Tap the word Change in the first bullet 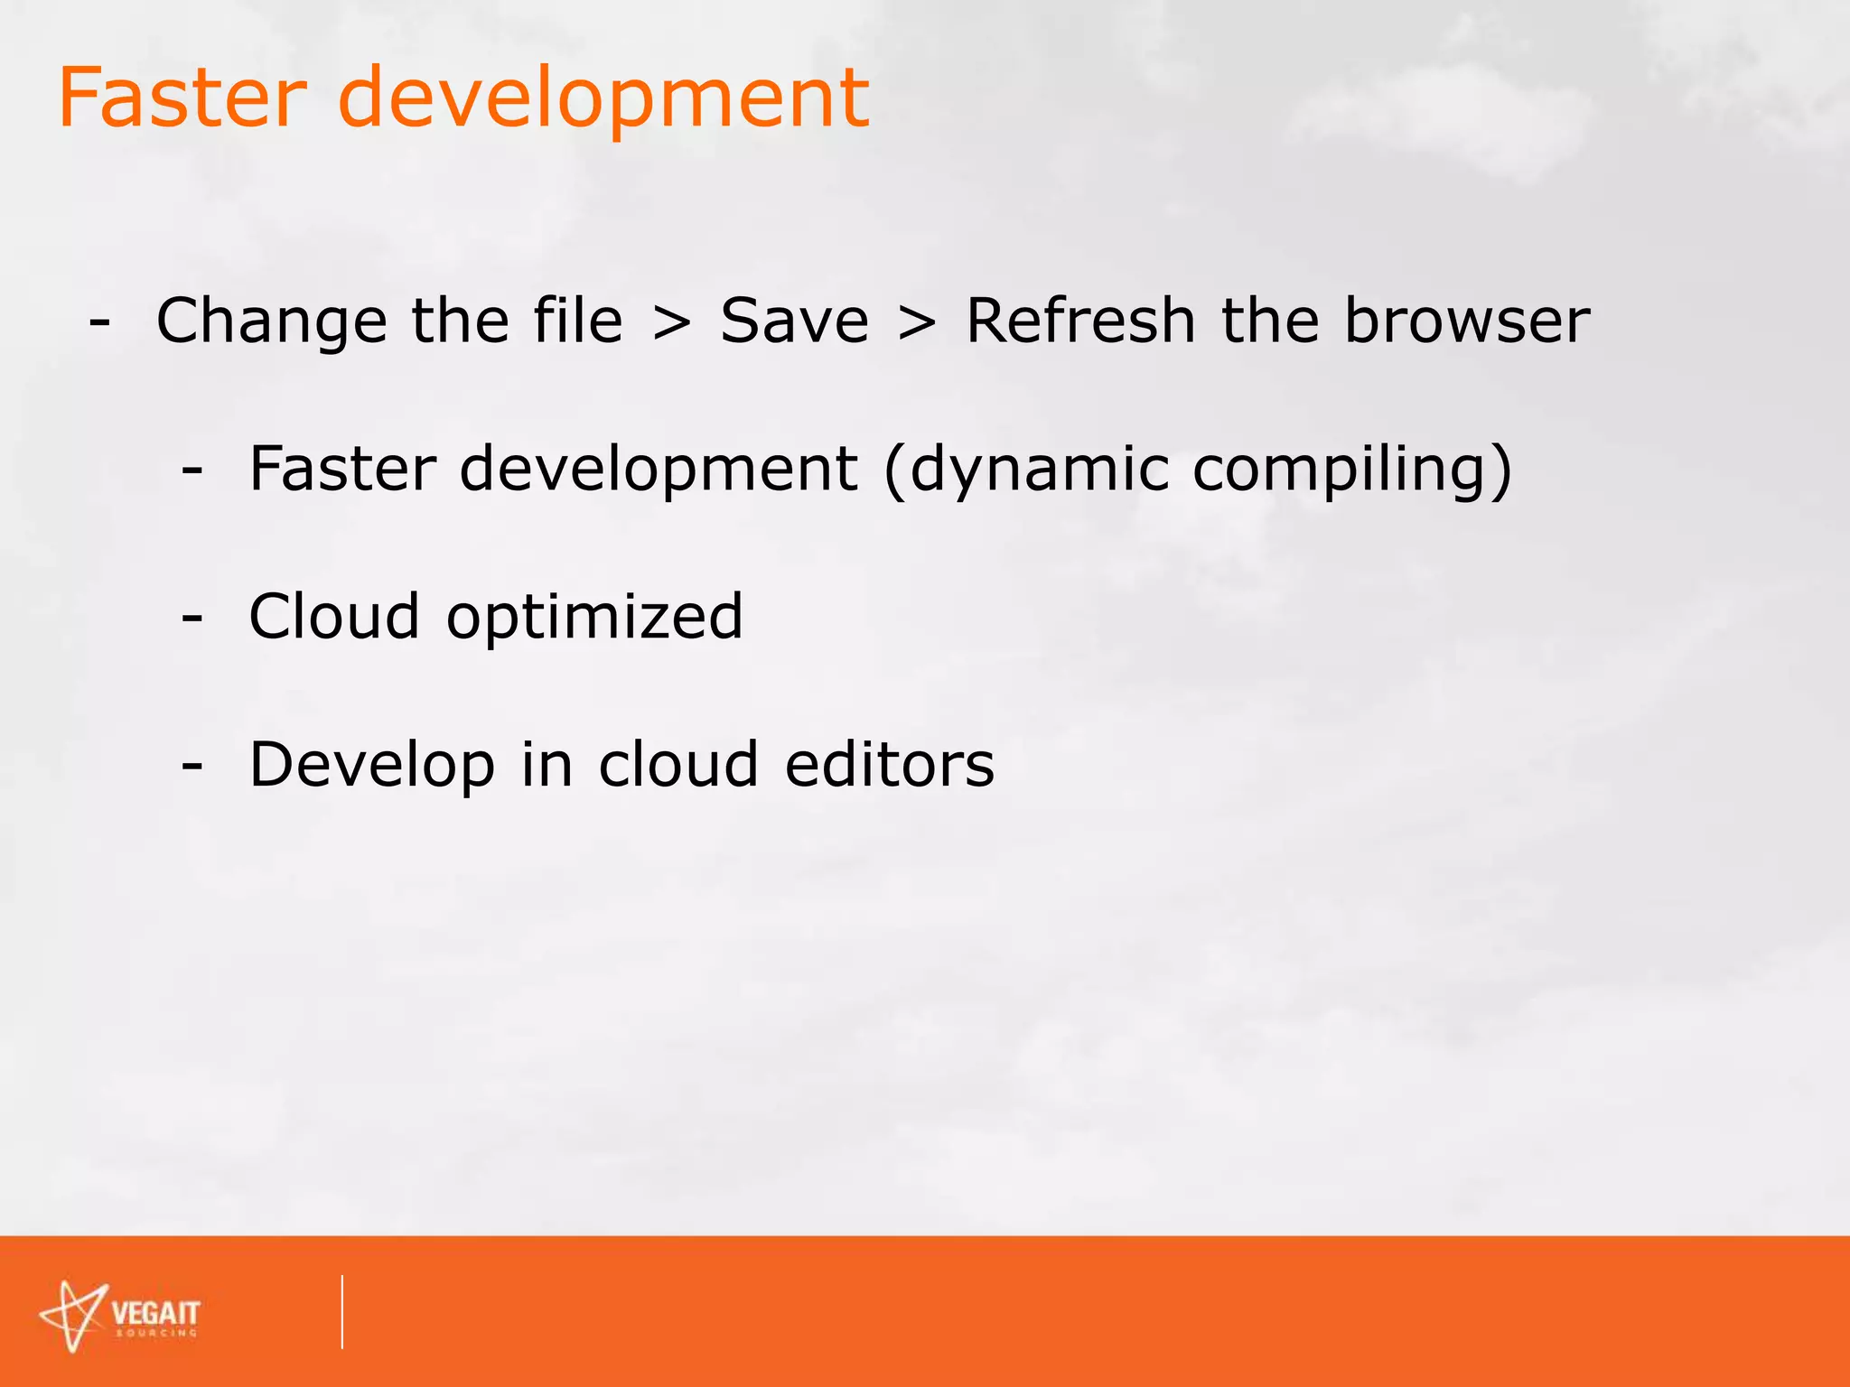272,323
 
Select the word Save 794,321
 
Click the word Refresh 1080,321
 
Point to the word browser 1466,321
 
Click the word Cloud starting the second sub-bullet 334,618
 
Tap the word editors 889,766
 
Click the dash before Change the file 100,322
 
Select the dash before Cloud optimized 192,619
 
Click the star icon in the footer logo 72,1316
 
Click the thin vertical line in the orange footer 342,1312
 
